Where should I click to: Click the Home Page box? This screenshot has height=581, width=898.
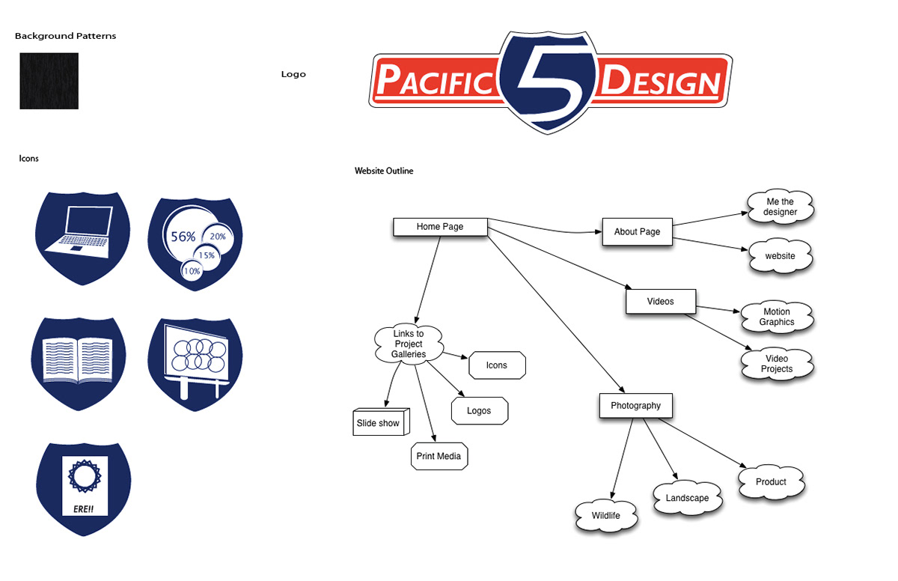440,227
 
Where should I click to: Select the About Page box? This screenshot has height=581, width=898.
637,232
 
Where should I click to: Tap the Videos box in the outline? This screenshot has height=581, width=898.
660,302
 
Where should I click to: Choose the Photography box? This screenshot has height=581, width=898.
635,406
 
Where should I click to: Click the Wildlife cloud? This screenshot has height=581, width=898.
606,516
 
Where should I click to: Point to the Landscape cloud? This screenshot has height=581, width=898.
687,498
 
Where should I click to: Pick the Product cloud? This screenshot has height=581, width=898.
771,482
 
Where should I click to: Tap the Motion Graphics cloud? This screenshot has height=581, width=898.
777,317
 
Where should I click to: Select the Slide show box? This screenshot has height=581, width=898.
379,423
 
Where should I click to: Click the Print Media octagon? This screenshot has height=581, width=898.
439,457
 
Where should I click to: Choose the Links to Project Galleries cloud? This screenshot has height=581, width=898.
409,344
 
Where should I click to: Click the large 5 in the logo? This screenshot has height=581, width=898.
550,82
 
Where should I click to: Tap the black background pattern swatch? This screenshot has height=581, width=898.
49,81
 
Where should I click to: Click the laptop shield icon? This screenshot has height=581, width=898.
83,237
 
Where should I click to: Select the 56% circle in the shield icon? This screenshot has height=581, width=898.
183,237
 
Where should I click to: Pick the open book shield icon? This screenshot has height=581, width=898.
79,362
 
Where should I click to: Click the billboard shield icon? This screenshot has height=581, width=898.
195,362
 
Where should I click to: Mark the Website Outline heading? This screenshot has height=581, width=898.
384,171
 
